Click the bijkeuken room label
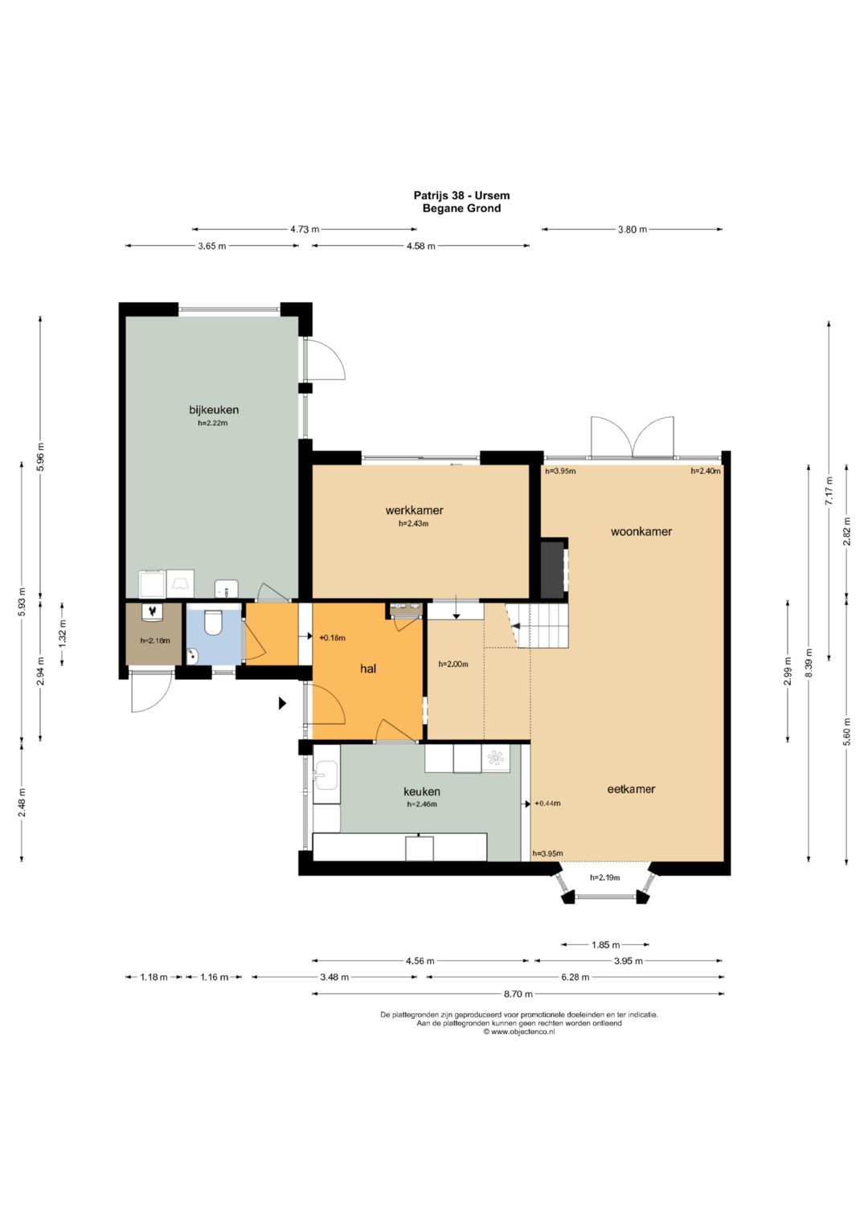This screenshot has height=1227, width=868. (214, 410)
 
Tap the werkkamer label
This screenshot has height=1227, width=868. (414, 510)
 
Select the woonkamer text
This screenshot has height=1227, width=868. (641, 531)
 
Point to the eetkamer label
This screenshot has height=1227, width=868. (631, 789)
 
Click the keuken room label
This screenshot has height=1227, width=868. (421, 791)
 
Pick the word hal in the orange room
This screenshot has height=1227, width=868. (368, 669)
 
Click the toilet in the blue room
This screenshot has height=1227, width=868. (212, 623)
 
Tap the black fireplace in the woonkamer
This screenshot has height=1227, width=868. (552, 570)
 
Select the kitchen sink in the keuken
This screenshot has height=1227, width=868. (325, 775)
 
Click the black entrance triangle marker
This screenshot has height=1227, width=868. (282, 703)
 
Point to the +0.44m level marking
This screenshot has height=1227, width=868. (547, 804)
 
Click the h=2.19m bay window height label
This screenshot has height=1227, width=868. (604, 877)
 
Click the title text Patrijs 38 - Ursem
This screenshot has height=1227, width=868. (461, 195)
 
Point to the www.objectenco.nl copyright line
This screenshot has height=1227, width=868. (519, 1032)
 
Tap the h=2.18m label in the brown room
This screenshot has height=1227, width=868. (155, 640)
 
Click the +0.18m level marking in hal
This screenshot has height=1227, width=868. (332, 637)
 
